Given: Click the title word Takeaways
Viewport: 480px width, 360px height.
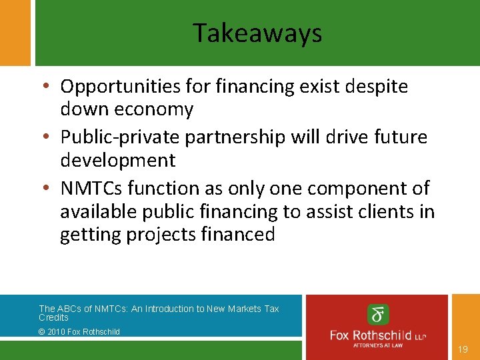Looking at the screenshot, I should (257, 33).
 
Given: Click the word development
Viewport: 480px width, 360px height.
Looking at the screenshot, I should (117, 160).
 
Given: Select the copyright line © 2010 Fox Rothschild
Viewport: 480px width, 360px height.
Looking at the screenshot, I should (79, 331).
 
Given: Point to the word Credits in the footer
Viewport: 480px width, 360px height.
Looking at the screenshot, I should (53, 317).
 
